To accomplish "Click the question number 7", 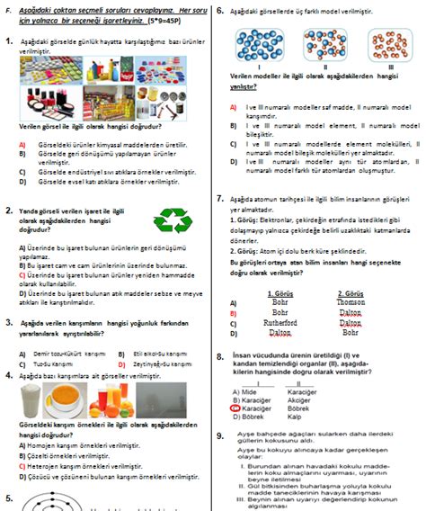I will pyautogui.click(x=220, y=198).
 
